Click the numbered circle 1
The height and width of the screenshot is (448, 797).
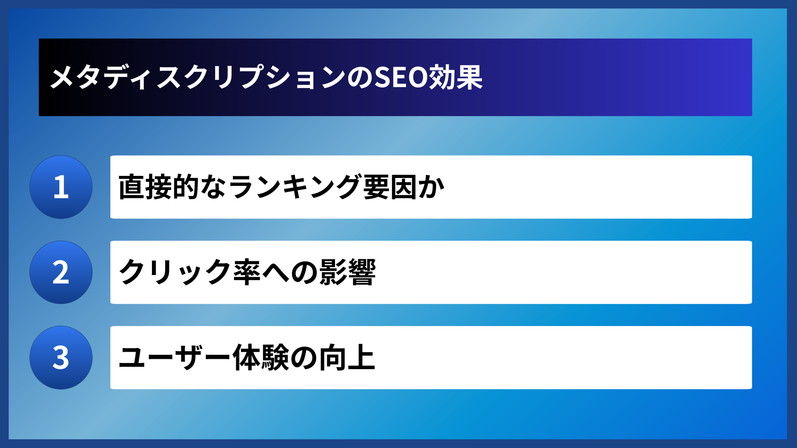[61, 187]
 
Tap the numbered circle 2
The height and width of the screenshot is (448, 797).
[61, 273]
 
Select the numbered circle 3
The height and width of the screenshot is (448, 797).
[61, 358]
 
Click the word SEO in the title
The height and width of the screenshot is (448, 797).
[401, 77]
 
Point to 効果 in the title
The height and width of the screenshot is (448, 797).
[456, 77]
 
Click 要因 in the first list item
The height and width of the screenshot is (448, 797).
[390, 187]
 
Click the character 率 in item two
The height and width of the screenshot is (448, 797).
[247, 273]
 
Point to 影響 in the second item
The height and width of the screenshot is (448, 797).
[347, 273]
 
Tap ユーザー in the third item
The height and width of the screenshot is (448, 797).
[174, 358]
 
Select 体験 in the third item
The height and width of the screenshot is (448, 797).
[261, 358]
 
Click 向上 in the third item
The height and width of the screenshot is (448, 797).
[347, 358]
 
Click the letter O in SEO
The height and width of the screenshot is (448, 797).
[418, 77]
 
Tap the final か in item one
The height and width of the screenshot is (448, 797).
[432, 187]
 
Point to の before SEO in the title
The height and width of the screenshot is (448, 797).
[360, 77]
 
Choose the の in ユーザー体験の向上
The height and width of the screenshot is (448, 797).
[304, 358]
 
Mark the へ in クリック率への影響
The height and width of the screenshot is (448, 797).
[275, 273]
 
